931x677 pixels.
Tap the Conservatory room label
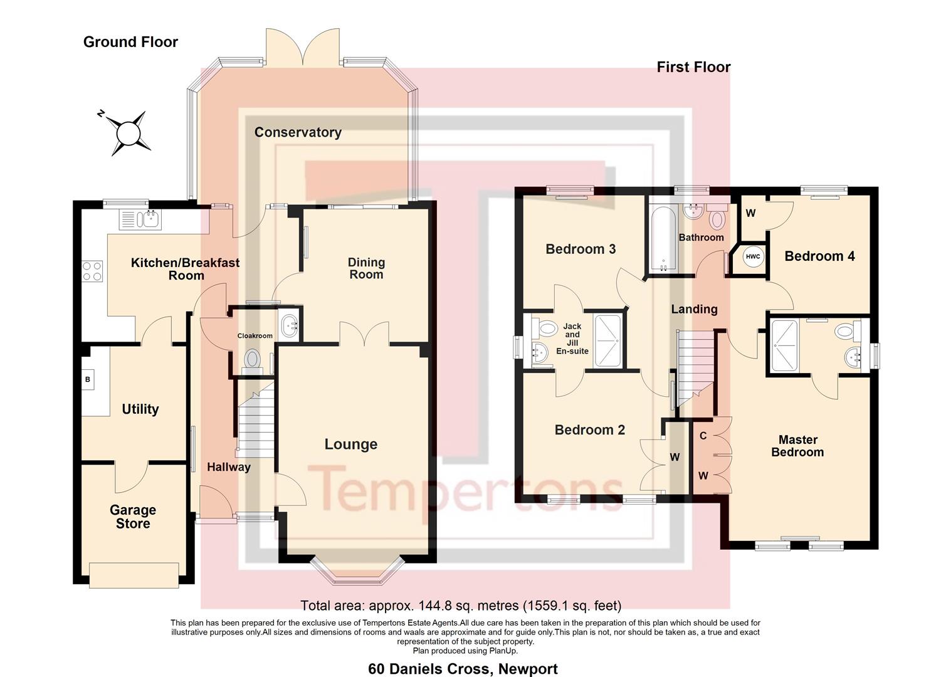(x=298, y=132)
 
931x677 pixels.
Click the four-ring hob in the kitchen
(x=92, y=271)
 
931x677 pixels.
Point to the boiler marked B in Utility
(x=88, y=379)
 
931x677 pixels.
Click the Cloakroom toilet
(x=252, y=360)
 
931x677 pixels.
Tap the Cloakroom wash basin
(x=290, y=325)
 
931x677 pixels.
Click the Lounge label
(x=350, y=444)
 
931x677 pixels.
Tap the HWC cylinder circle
(x=752, y=256)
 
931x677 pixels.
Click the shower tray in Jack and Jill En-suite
(x=607, y=340)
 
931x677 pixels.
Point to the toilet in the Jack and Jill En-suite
(x=545, y=328)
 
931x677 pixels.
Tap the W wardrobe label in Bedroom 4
(x=750, y=213)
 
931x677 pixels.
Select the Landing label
(x=694, y=309)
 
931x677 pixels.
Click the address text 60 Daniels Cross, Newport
(x=463, y=669)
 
